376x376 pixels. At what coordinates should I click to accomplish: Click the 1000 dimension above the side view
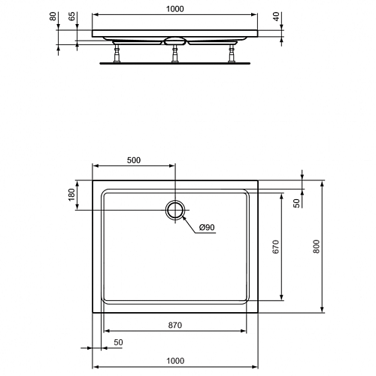pyautogui.click(x=175, y=9)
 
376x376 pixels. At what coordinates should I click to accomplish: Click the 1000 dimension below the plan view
pyautogui.click(x=175, y=361)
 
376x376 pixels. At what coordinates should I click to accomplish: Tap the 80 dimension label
pyautogui.click(x=53, y=17)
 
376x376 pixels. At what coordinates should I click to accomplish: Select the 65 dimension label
pyautogui.click(x=72, y=17)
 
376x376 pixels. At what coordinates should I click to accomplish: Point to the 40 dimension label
pyautogui.click(x=276, y=17)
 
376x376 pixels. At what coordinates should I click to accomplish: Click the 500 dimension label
pyautogui.click(x=134, y=160)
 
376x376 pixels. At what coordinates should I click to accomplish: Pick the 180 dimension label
pyautogui.click(x=71, y=195)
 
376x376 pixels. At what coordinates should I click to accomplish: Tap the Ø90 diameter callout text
pyautogui.click(x=207, y=227)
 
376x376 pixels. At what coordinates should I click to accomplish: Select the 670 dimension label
pyautogui.click(x=275, y=247)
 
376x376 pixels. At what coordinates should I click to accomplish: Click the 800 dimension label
pyautogui.click(x=317, y=247)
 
